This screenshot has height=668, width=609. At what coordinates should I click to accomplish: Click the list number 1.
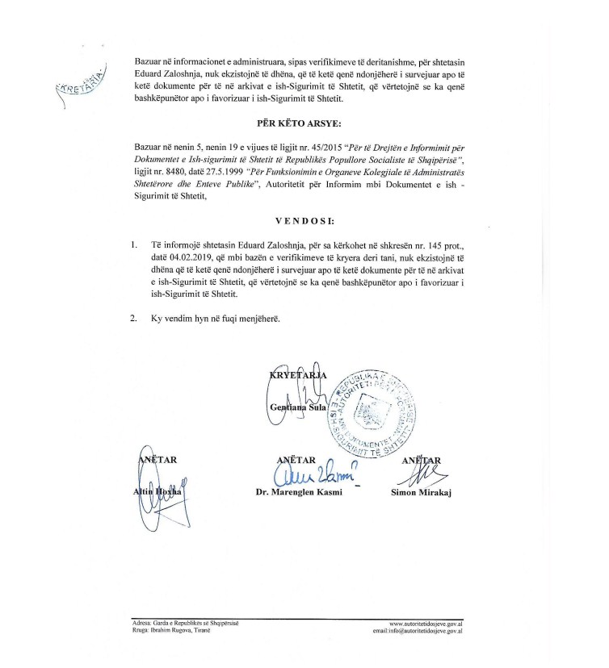point(133,243)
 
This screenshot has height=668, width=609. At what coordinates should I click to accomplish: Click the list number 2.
point(133,319)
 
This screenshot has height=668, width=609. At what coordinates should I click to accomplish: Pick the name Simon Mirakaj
point(421,491)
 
